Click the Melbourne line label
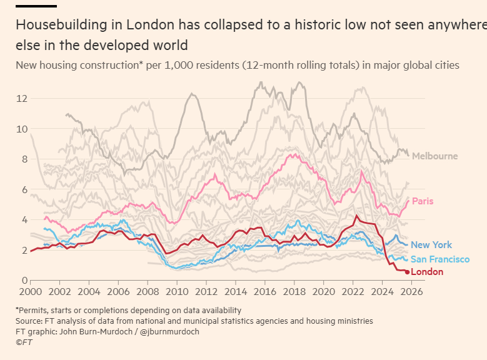coord(434,156)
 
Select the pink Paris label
coord(422,201)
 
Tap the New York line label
coord(431,245)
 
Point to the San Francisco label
coord(440,259)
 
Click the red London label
coord(428,272)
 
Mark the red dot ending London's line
coord(408,272)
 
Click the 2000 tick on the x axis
coord(31,292)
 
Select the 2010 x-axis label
coord(177,292)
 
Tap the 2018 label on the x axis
coord(294,292)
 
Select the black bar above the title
coord(36,6)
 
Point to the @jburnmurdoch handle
coord(170,331)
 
